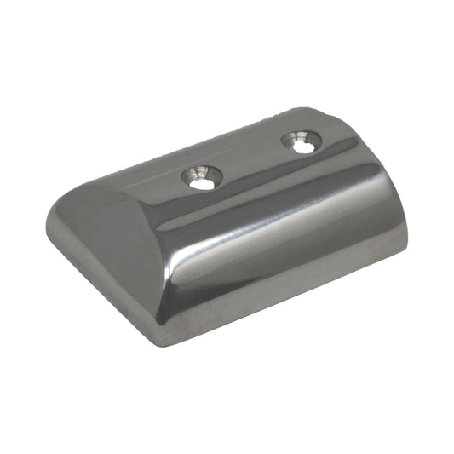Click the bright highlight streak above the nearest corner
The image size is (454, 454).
[170, 281]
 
